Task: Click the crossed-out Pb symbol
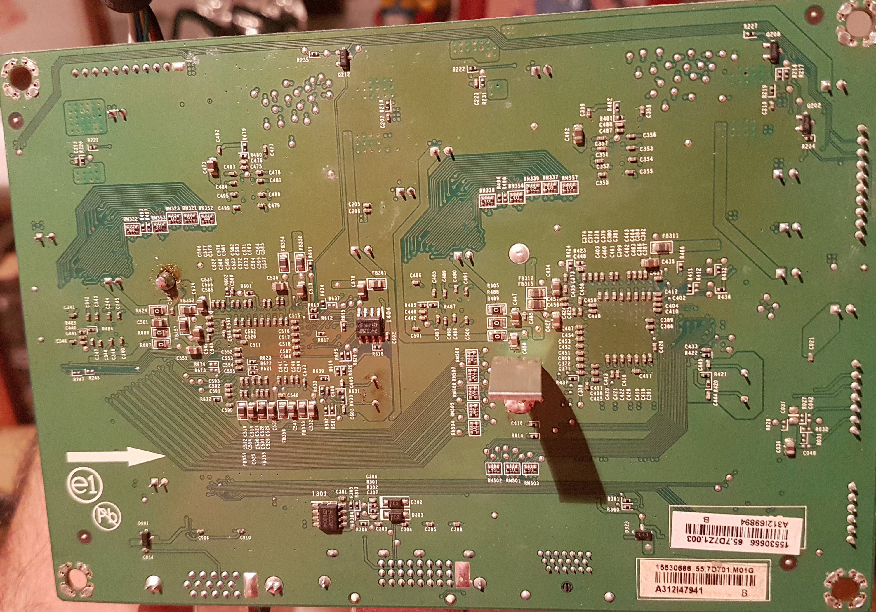coord(107,517)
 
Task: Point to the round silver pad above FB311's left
coord(519,253)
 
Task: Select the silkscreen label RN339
coord(531,178)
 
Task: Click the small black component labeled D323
coord(643,535)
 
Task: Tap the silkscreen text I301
coord(319,494)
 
